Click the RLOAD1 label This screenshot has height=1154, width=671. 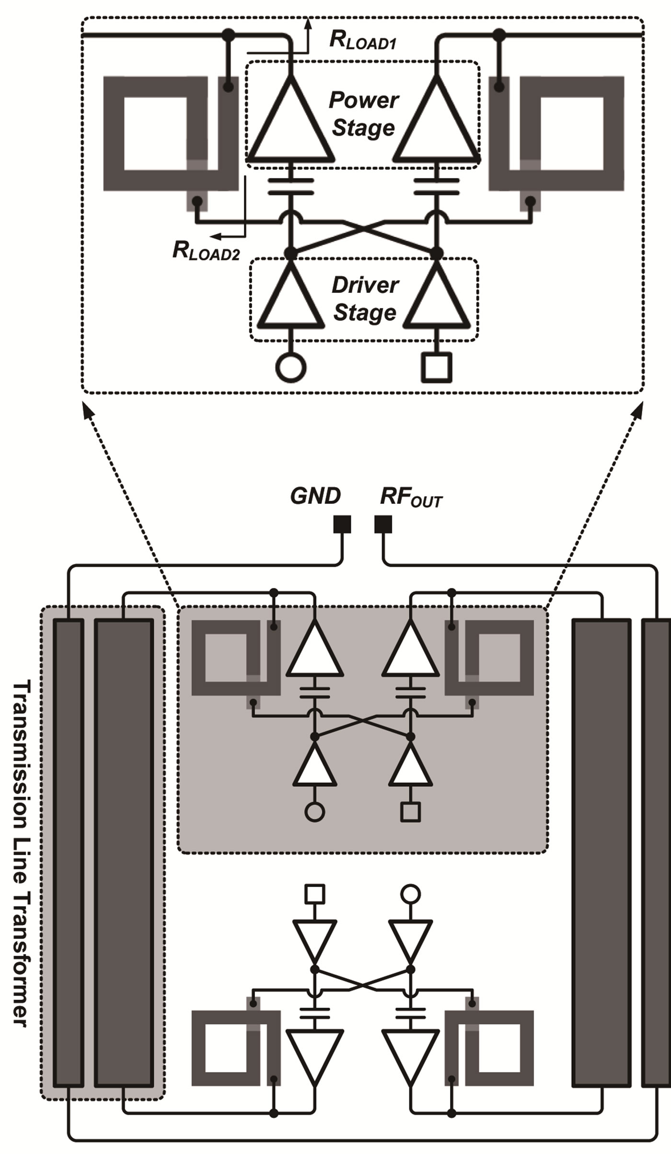(362, 41)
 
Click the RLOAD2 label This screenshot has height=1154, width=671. (206, 251)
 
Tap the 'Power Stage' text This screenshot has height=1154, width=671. (363, 114)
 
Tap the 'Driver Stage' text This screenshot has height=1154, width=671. (365, 299)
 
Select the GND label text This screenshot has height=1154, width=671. (315, 496)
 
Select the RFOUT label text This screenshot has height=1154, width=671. (411, 497)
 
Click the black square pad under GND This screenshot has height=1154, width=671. (342, 524)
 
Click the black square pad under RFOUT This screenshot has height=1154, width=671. (383, 524)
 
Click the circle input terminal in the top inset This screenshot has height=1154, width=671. (290, 368)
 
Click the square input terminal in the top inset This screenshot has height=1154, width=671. (436, 368)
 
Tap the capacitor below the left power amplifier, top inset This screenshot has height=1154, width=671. (291, 187)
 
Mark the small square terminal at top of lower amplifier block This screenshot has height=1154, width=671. (314, 893)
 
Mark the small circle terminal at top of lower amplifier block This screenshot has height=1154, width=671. (411, 893)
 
